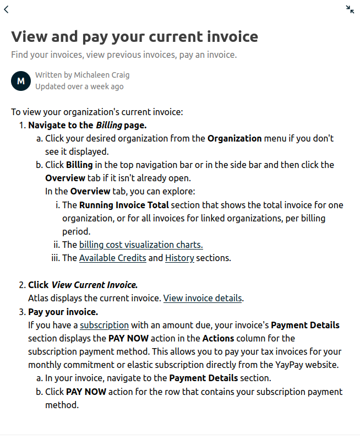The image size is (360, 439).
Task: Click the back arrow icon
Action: tap(6, 9)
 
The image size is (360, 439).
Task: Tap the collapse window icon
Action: tap(350, 9)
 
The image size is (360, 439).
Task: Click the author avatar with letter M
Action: tap(21, 80)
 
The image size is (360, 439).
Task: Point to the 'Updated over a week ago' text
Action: tap(79, 86)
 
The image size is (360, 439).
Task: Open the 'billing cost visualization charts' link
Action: tap(141, 245)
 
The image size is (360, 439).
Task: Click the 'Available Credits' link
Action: tap(112, 258)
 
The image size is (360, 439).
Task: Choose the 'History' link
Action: tap(179, 258)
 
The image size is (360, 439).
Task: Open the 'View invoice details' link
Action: tap(203, 299)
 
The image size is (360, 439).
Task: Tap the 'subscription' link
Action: tap(104, 325)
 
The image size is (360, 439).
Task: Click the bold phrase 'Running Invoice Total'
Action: tap(124, 205)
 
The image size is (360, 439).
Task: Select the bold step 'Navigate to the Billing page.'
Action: tap(87, 125)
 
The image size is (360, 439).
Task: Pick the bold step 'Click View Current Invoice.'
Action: tap(83, 285)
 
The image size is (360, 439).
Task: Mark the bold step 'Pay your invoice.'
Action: tap(63, 312)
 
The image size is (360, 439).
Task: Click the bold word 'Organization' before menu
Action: tap(234, 138)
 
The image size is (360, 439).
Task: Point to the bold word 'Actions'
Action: tap(218, 338)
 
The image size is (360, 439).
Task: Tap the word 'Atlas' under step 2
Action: tap(38, 299)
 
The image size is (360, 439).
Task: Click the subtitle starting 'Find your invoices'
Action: tap(124, 55)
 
